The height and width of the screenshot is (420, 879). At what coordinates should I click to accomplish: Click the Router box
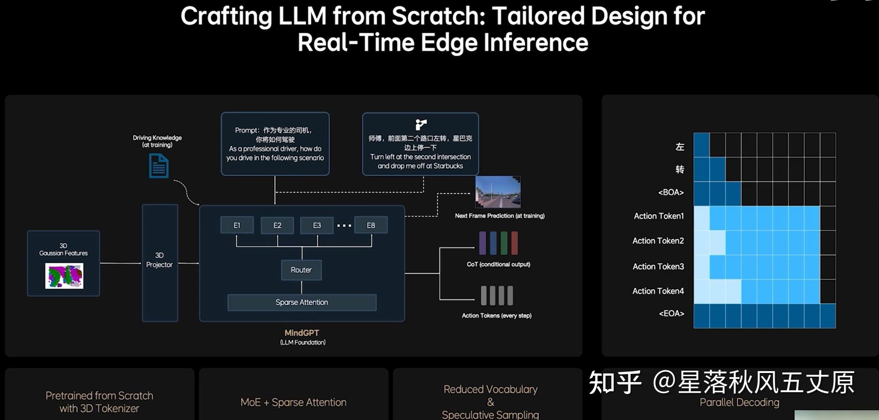pos(301,270)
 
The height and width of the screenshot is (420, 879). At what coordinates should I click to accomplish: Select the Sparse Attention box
pos(302,302)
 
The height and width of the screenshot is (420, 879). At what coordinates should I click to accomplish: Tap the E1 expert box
pos(237,225)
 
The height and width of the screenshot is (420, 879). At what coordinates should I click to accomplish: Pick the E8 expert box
pos(371,225)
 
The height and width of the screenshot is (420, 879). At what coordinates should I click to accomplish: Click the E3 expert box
pos(317,225)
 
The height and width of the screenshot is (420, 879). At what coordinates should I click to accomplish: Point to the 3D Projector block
pos(160,262)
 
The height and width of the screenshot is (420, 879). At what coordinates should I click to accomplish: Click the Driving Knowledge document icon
pos(159,166)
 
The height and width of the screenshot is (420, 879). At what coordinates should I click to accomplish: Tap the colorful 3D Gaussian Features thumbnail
pos(64,276)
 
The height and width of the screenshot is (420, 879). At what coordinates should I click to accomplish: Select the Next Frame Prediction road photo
pos(498,192)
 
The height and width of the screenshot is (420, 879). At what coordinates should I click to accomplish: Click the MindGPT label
pos(302,333)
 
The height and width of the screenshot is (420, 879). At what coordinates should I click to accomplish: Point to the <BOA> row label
pos(671,192)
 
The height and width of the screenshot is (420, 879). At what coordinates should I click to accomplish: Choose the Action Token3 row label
pos(658,267)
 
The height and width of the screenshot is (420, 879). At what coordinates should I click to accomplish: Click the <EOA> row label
pos(672,314)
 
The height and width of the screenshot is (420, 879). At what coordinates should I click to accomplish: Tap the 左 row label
pos(680,147)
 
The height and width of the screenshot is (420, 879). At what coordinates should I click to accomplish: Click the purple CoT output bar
pos(482,243)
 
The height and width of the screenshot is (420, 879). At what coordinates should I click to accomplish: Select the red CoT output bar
pos(514,243)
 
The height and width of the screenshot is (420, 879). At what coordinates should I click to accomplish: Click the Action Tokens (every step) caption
pos(496,315)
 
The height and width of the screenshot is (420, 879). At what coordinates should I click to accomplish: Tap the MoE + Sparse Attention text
pos(294,402)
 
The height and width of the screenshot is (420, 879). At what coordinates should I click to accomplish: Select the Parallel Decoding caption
pos(739,402)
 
